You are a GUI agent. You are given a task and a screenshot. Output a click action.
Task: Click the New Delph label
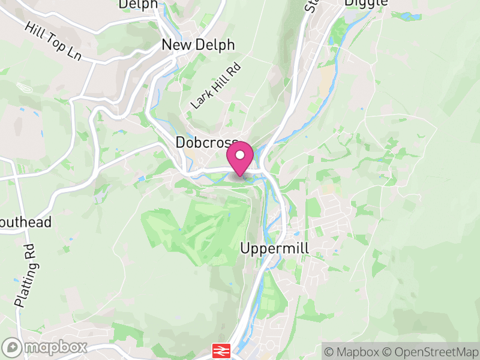tap(198, 46)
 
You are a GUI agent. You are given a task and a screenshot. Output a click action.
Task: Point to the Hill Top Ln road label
tap(53, 41)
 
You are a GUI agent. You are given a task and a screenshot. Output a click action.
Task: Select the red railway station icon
tap(221, 350)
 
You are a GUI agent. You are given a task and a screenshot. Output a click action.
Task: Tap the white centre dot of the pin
tap(240, 155)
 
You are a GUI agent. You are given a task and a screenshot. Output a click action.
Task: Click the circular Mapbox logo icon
tap(12, 347)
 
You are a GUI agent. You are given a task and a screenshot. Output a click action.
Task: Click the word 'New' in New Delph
tap(176, 46)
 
